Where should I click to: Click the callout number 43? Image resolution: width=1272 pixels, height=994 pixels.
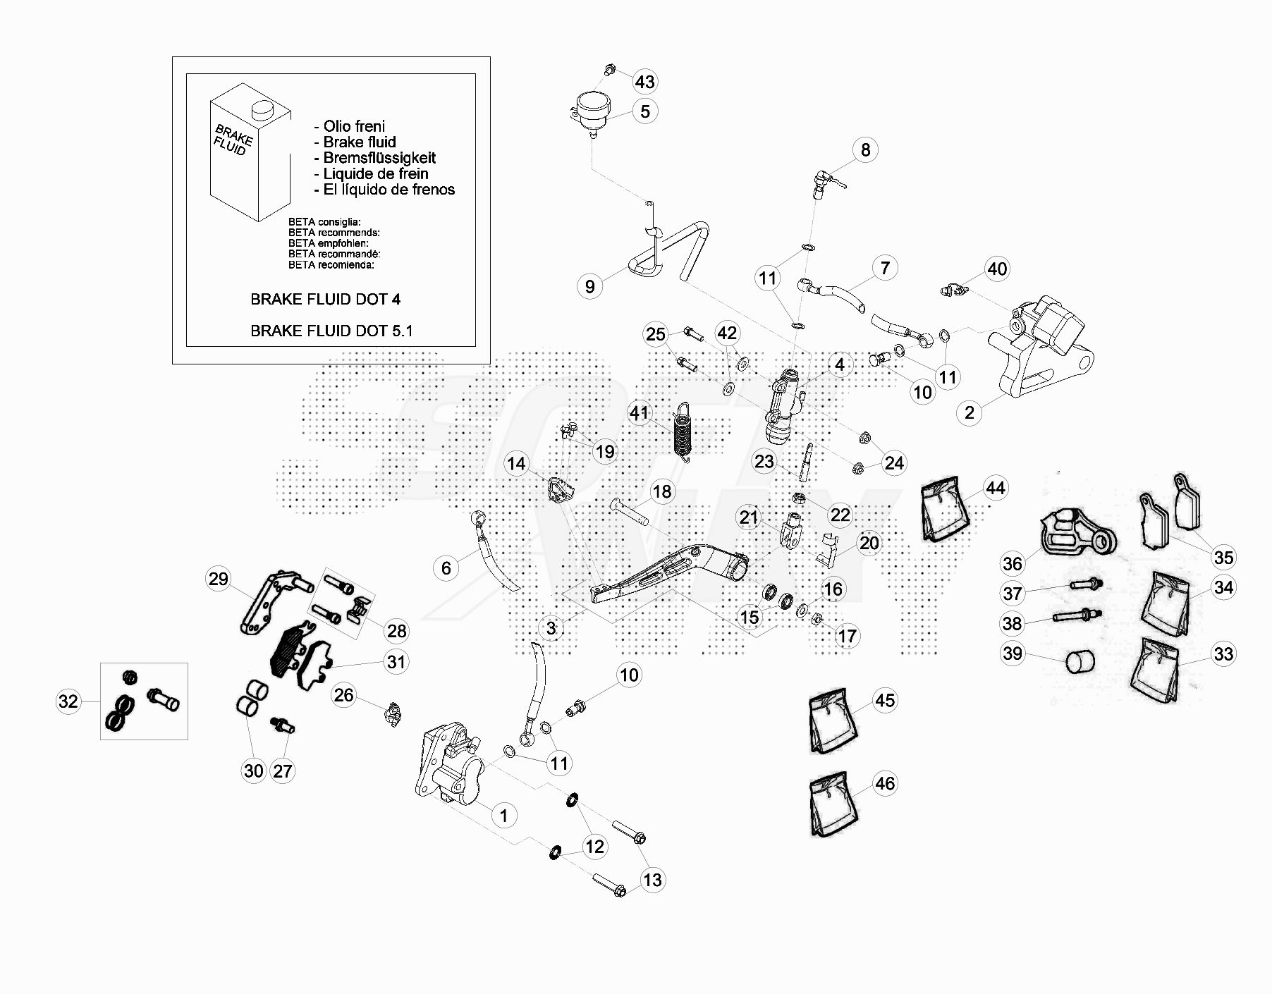(x=644, y=82)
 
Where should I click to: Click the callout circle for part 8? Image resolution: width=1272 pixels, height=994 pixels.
(x=865, y=149)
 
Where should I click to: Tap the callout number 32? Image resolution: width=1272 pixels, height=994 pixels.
(x=68, y=701)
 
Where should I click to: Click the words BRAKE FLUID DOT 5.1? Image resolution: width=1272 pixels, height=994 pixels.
(x=331, y=331)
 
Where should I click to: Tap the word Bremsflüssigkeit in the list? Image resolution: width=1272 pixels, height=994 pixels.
(x=379, y=158)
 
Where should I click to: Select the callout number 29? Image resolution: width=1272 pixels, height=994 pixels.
(x=219, y=579)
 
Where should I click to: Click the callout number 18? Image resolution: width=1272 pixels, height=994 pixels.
(x=661, y=491)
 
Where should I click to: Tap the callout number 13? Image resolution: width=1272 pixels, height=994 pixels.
(x=652, y=879)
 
